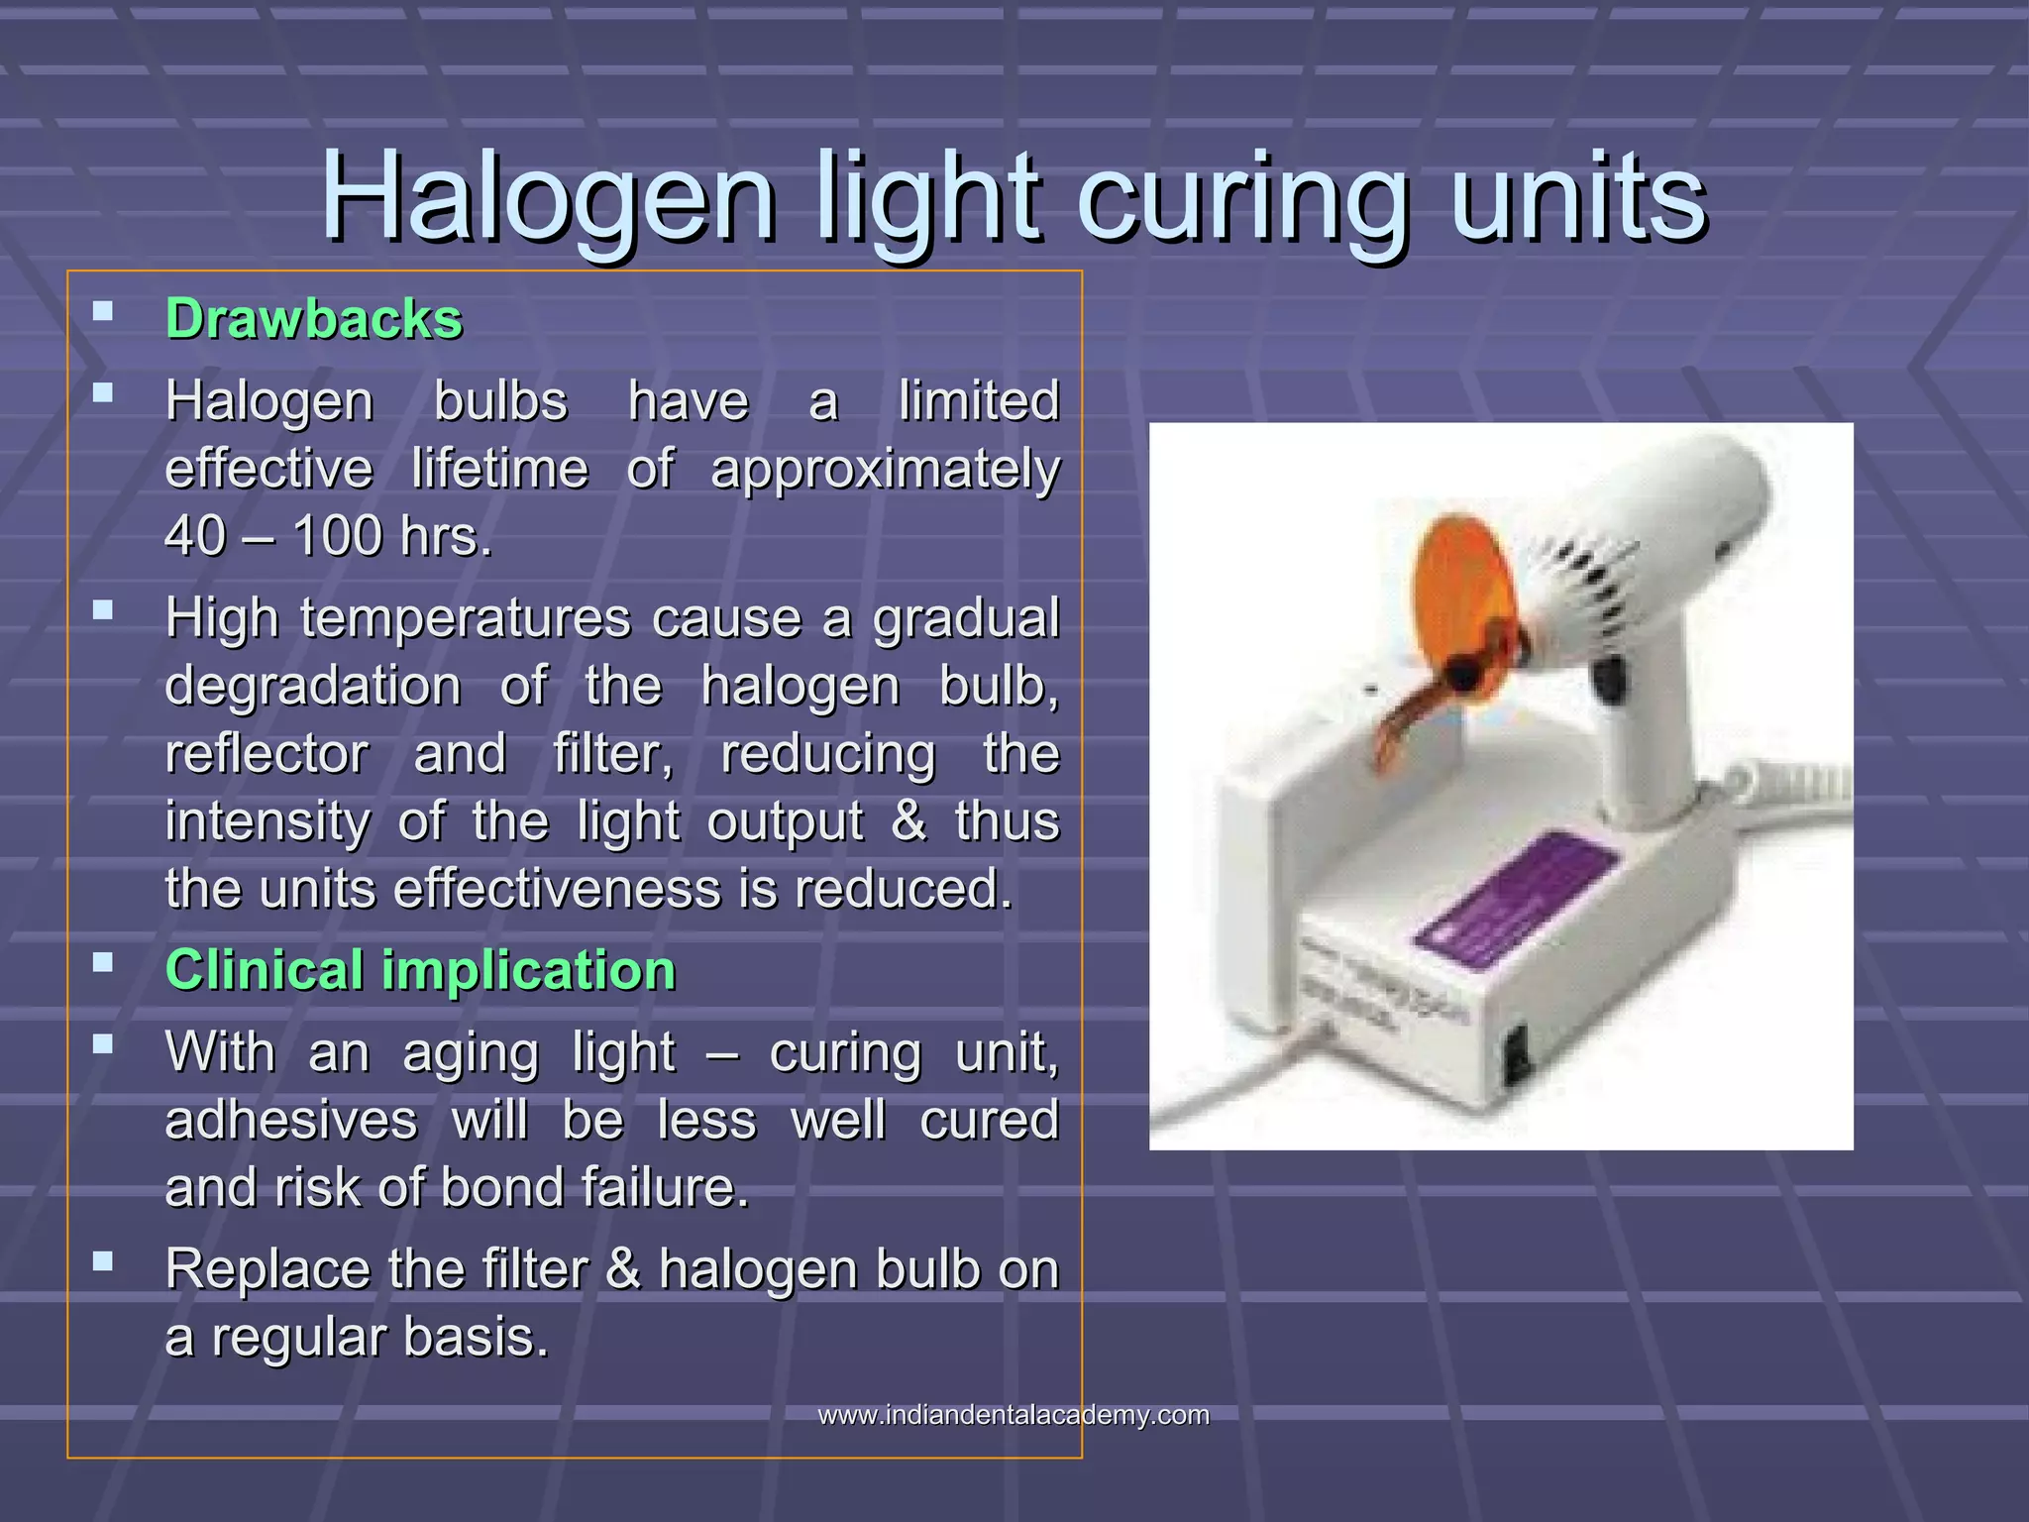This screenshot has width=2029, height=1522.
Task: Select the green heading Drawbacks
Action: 313,319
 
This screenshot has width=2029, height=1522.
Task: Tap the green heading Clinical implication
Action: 420,969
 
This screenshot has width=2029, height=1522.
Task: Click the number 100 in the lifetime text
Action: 337,536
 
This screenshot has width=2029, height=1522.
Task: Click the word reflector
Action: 267,753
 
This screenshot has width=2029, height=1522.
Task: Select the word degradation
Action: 313,686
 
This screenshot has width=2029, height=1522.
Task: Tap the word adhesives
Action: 291,1121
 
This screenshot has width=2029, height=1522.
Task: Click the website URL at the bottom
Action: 1013,1414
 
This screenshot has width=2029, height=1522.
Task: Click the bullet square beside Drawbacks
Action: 102,312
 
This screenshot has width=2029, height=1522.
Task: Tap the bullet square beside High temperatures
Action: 102,610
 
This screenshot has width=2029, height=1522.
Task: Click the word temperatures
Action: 465,618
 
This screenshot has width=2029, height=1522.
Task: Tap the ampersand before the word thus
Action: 908,821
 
